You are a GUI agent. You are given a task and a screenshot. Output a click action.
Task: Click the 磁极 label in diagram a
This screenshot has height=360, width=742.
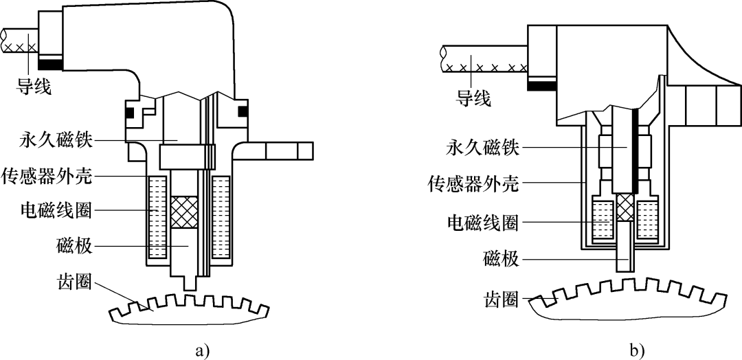(x=75, y=245)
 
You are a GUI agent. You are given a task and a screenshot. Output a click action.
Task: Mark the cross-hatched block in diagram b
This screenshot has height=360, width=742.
(x=625, y=207)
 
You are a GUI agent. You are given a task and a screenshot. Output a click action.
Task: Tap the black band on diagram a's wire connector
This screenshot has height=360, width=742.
(x=51, y=65)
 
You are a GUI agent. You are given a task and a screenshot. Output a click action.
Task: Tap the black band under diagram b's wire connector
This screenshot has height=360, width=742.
(x=541, y=85)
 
